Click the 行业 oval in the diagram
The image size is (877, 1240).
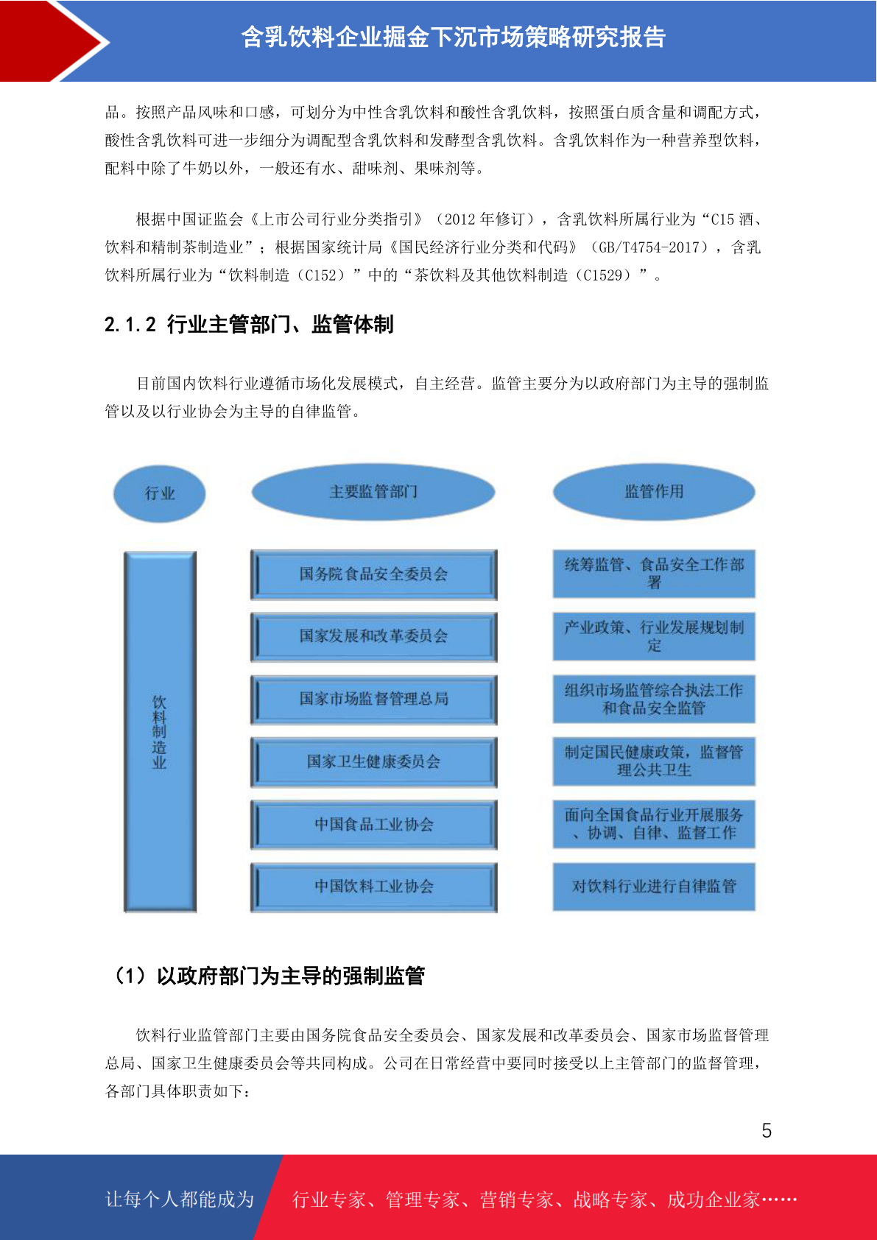tap(160, 493)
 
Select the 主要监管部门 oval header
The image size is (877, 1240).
tap(373, 492)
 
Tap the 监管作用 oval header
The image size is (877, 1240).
tap(654, 492)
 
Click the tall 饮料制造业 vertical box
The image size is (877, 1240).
tap(160, 731)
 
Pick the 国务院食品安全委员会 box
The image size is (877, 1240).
tap(374, 574)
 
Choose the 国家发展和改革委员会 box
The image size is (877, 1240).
tap(374, 637)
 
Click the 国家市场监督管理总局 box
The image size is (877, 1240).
tap(374, 700)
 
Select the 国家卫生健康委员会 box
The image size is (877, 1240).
tap(374, 761)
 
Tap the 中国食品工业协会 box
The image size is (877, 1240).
tap(374, 824)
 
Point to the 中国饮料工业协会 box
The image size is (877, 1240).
tap(374, 887)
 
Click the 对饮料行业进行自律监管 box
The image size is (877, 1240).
tap(654, 887)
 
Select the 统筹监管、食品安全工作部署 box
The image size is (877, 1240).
tap(654, 574)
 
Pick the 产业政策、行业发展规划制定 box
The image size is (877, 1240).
tap(654, 636)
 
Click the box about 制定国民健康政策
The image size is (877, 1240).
tap(654, 761)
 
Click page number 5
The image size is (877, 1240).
tap(767, 1130)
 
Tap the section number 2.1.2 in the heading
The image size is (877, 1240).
tap(130, 325)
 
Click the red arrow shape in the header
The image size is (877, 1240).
tap(54, 41)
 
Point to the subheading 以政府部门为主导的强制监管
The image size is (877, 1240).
tap(291, 976)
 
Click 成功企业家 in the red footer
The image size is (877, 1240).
tap(713, 1200)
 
